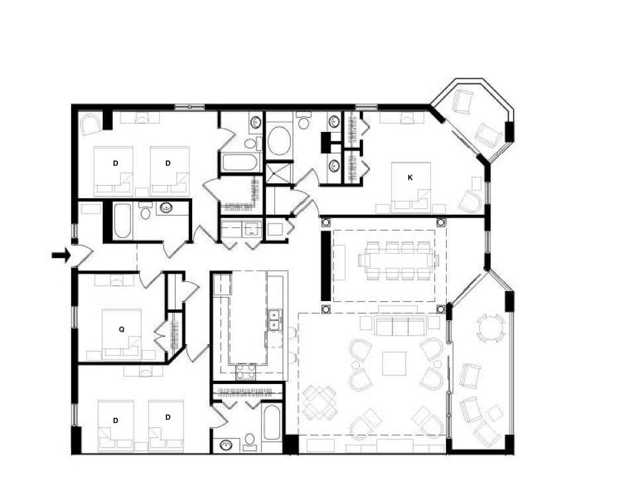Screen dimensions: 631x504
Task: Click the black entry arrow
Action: [61, 255]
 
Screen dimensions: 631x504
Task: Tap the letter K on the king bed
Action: [410, 178]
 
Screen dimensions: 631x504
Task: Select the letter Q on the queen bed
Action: [121, 330]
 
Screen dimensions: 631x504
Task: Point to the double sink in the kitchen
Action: [275, 320]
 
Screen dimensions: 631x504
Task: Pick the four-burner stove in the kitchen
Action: [245, 371]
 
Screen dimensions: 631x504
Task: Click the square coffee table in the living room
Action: [394, 363]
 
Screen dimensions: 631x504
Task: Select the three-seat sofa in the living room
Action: [400, 325]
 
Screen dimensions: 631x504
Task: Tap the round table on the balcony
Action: [490, 328]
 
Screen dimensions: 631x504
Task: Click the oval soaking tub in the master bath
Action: [279, 141]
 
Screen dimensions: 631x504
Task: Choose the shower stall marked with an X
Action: [278, 172]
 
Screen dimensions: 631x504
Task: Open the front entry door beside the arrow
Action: [83, 255]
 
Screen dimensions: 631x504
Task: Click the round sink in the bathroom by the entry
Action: [166, 208]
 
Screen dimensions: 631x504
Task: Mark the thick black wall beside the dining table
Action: [325, 266]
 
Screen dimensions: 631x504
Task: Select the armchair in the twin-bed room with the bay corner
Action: [90, 125]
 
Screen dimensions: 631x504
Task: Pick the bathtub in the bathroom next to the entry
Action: [122, 221]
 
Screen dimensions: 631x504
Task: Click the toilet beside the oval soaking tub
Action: [304, 121]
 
